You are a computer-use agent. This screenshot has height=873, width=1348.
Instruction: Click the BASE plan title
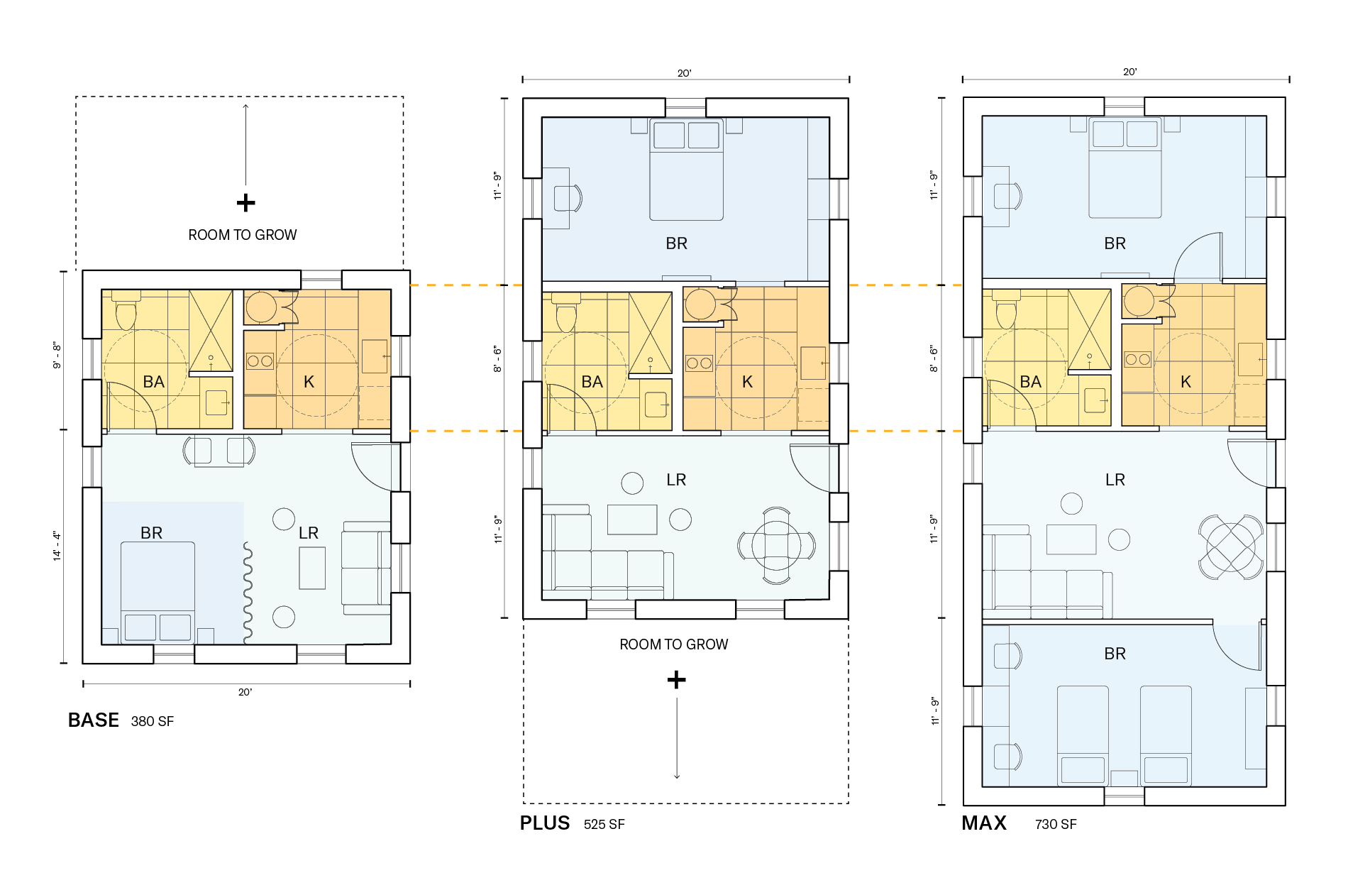(93, 720)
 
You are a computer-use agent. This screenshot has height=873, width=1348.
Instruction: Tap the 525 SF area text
(604, 824)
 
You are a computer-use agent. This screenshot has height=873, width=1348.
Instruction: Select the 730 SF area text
(1055, 824)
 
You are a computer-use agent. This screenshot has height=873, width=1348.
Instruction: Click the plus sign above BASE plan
(245, 203)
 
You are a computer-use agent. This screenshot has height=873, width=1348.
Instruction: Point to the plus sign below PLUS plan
(676, 680)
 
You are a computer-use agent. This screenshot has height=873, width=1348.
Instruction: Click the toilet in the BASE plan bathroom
(126, 313)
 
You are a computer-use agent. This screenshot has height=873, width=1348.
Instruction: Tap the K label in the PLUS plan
(747, 382)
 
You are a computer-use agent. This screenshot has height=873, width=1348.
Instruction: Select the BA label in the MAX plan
(1030, 382)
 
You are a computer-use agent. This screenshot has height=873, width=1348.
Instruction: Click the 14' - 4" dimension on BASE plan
(57, 546)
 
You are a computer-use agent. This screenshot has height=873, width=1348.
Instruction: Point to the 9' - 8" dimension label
(57, 356)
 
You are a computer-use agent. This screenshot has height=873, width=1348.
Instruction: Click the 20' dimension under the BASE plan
(245, 692)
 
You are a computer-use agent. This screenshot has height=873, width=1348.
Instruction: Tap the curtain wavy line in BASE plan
(248, 593)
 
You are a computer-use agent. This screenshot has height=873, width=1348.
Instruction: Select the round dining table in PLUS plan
(776, 546)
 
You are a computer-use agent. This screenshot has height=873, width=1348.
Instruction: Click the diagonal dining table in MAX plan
(1230, 547)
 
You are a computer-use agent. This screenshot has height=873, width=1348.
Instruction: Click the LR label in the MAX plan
(1115, 480)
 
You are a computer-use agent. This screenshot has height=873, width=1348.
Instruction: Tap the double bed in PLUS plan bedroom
(686, 171)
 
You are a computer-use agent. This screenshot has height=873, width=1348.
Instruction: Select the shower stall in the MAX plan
(1089, 329)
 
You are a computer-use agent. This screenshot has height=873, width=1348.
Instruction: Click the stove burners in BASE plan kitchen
(260, 361)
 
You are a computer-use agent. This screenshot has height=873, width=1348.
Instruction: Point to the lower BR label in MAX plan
(1115, 654)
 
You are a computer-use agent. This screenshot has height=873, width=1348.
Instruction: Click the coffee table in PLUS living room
(632, 520)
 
